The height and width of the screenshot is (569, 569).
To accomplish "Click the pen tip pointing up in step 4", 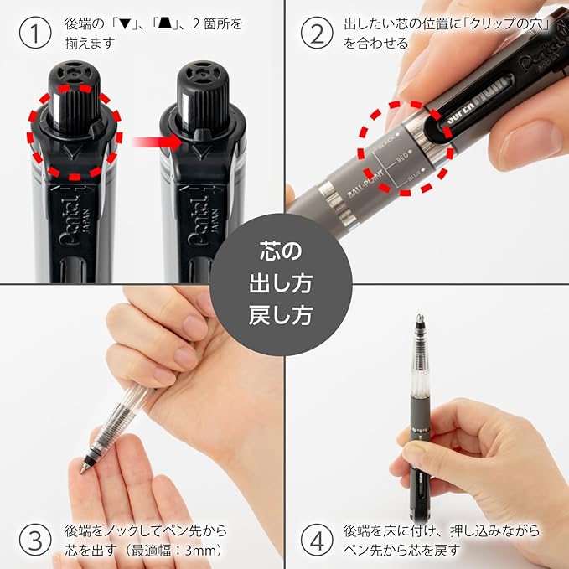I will (420, 321).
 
